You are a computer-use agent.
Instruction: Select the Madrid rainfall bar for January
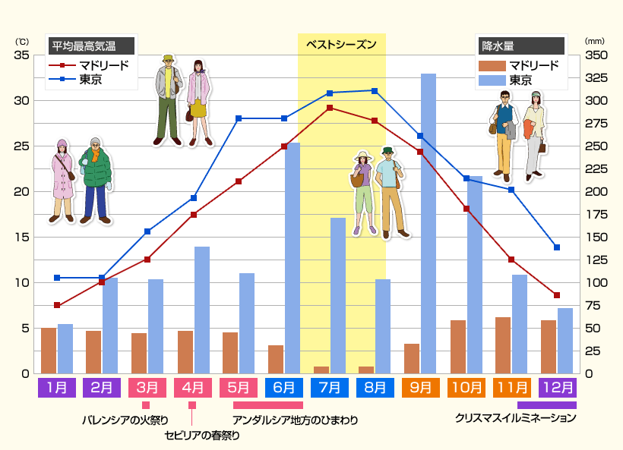click(x=49, y=351)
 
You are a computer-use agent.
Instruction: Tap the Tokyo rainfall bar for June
click(x=293, y=258)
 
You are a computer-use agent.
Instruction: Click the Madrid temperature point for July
click(x=329, y=108)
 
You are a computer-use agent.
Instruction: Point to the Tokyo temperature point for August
click(x=375, y=91)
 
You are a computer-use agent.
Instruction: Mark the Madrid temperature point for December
click(x=557, y=295)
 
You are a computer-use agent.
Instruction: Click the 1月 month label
click(x=56, y=387)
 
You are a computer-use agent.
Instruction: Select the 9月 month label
click(x=421, y=387)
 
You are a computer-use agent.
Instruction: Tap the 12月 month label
click(x=557, y=387)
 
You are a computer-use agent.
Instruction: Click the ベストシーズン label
click(x=341, y=45)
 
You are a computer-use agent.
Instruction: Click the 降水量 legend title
click(x=498, y=46)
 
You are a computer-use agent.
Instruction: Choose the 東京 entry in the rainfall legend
click(x=520, y=80)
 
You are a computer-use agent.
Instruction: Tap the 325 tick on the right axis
click(x=596, y=78)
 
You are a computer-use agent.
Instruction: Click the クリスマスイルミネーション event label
click(x=516, y=417)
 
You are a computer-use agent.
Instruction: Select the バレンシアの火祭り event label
click(x=125, y=419)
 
